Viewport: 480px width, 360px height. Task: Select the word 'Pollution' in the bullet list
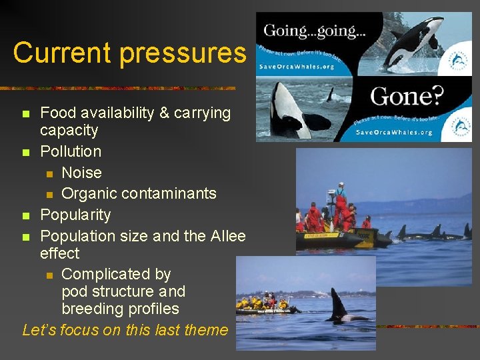pyautogui.click(x=71, y=151)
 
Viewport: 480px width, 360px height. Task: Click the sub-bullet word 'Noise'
pyautogui.click(x=81, y=173)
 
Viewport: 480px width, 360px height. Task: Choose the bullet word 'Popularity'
pyautogui.click(x=75, y=215)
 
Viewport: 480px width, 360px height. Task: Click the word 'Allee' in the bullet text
pyautogui.click(x=227, y=236)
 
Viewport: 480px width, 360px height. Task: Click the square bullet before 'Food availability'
pyautogui.click(x=26, y=114)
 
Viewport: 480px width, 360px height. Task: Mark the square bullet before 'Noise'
pyautogui.click(x=49, y=173)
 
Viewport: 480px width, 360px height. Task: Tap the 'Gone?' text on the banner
pyautogui.click(x=406, y=97)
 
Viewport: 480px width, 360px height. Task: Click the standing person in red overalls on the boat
pyautogui.click(x=341, y=205)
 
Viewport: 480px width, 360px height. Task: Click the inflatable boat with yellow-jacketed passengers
pyautogui.click(x=266, y=307)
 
